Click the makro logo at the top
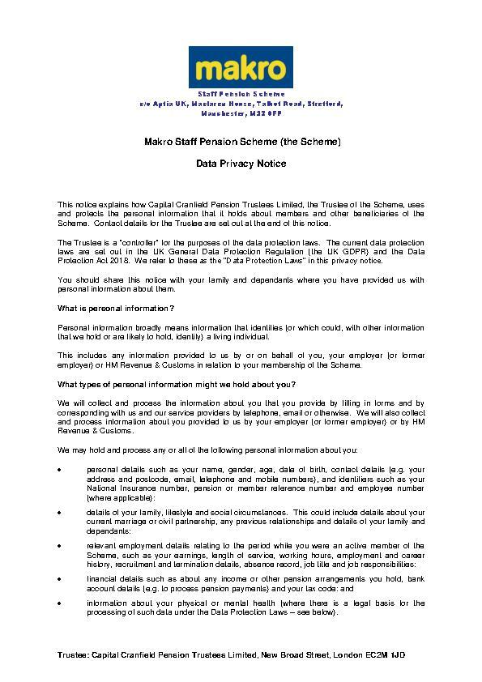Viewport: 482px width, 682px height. coord(241,67)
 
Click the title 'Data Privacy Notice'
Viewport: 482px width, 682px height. coord(241,164)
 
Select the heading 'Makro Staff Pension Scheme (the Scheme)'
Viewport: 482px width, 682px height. coord(241,142)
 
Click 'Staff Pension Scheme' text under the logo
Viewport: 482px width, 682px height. coord(241,95)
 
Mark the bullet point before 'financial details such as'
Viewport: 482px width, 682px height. coord(61,579)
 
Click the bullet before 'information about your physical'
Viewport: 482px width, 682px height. coord(61,603)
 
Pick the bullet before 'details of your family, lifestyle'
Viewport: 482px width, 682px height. coord(61,512)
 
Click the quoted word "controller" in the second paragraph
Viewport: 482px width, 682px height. coord(121,243)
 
